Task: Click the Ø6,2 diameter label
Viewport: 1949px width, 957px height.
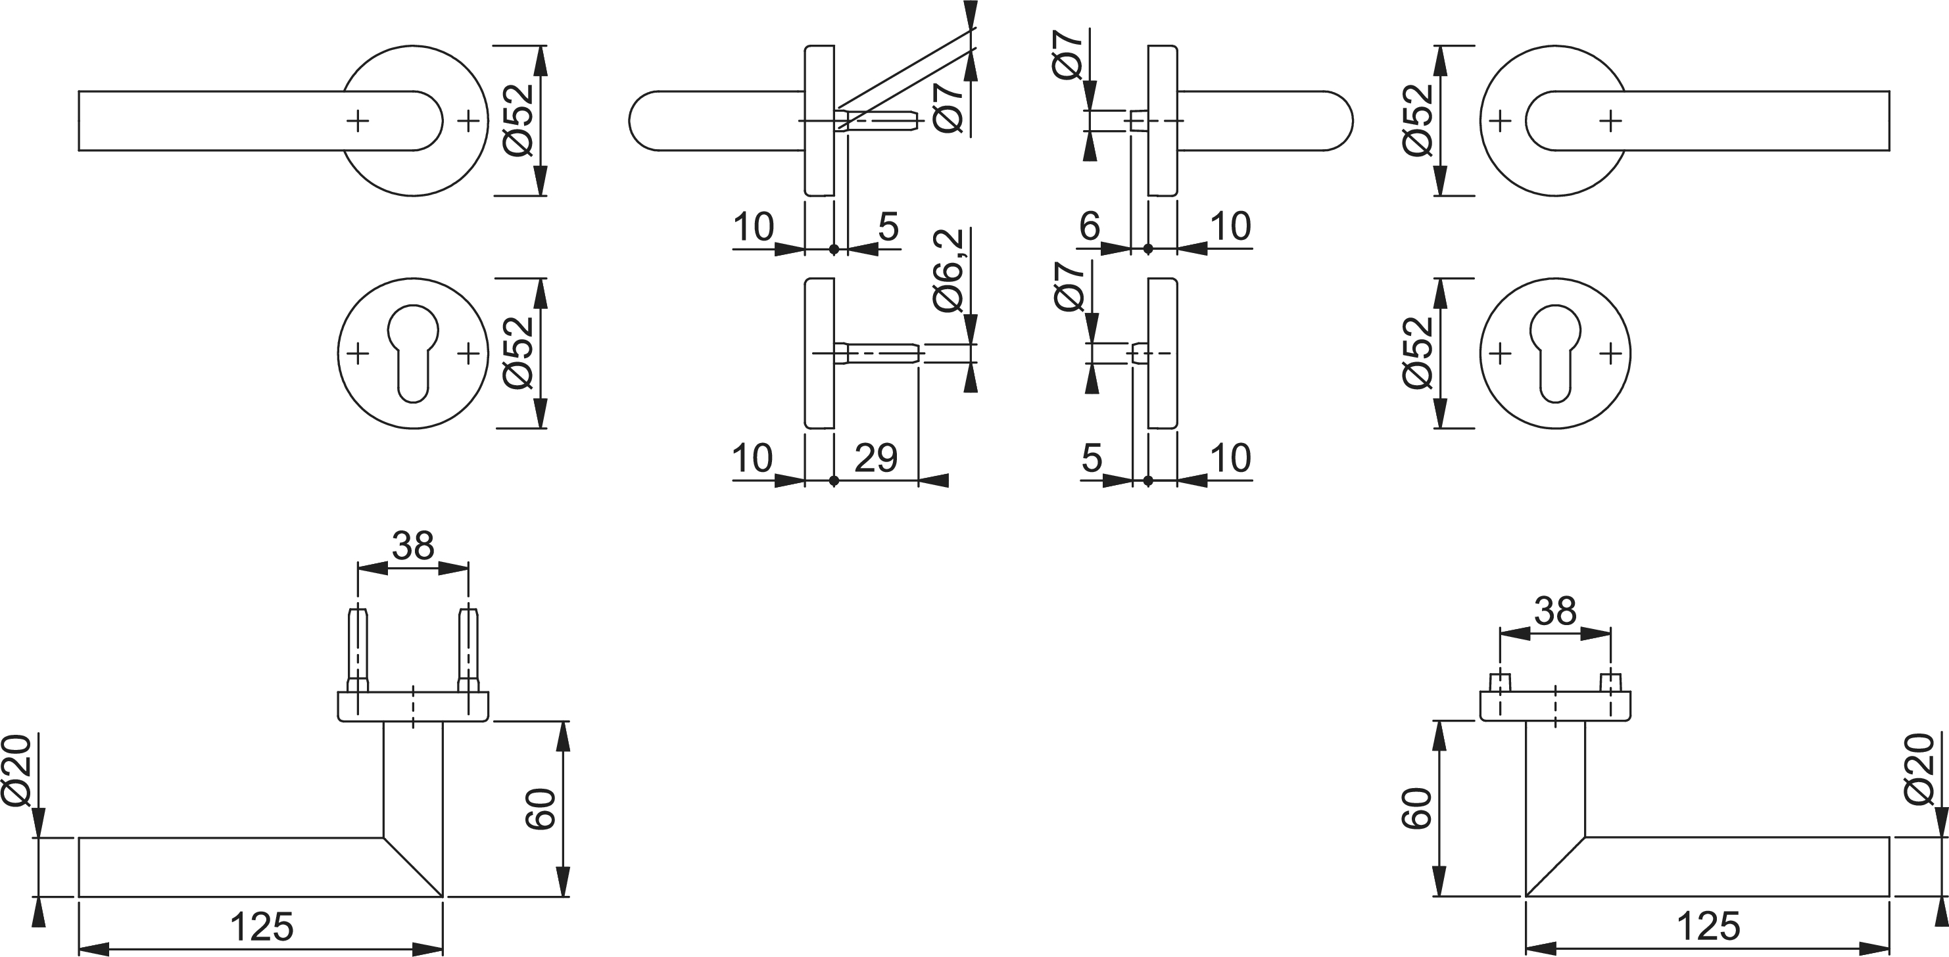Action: [x=949, y=271]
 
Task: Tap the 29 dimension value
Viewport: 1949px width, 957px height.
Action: [x=875, y=457]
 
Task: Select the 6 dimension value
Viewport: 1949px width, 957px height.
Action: [x=1090, y=225]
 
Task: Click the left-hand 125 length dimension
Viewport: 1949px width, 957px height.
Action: [x=261, y=927]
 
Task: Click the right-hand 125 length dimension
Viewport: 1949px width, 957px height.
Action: [x=1709, y=926]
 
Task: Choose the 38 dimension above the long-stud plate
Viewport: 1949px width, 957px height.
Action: [x=413, y=546]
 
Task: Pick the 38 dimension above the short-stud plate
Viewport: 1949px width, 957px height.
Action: [x=1556, y=611]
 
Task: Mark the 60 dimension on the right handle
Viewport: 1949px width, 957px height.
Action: [x=1417, y=808]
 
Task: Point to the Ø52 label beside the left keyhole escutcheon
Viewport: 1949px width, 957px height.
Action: [x=519, y=352]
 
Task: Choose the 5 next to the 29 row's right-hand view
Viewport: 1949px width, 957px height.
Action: [x=1092, y=457]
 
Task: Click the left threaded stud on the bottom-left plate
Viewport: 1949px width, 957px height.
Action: [x=357, y=649]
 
